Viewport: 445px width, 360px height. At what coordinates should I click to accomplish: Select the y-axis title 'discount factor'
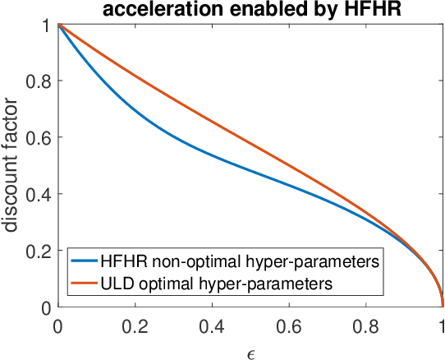pos(12,166)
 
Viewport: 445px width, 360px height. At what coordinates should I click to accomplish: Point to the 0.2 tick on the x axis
pos(135,325)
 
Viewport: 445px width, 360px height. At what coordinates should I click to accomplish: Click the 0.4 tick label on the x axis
pos(212,325)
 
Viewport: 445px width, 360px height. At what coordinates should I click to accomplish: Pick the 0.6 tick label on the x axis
pos(289,325)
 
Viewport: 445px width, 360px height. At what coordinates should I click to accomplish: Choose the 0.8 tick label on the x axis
pos(366,325)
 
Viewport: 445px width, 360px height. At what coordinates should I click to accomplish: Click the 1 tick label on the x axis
pos(443,325)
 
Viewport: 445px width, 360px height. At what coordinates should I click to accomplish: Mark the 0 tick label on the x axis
pos(57,325)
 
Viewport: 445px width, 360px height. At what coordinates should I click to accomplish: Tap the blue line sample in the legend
pos(84,263)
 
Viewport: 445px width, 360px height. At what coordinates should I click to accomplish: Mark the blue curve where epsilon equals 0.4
pos(212,154)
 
